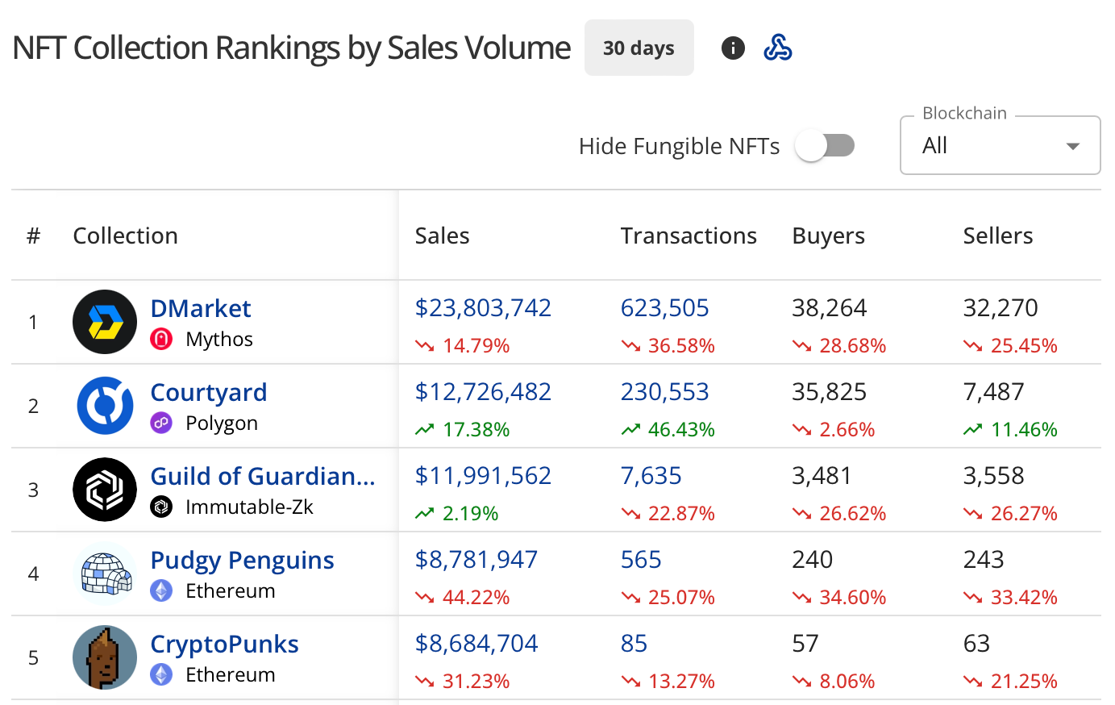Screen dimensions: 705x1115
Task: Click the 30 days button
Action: [x=639, y=48]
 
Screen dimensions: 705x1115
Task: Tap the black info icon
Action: [x=733, y=48]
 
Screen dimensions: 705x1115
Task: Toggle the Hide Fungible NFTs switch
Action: [x=824, y=146]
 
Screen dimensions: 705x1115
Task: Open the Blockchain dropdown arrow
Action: [x=1072, y=146]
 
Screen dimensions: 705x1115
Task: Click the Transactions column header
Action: [x=689, y=236]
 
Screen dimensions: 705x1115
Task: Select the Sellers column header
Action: [x=997, y=236]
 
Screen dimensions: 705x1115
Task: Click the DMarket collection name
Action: [x=201, y=308]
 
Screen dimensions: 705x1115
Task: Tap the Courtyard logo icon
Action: [x=105, y=406]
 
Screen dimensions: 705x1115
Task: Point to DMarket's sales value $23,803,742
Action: [x=483, y=308]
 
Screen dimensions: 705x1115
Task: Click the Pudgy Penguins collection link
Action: [x=242, y=560]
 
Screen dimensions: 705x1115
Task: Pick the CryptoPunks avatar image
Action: [x=105, y=657]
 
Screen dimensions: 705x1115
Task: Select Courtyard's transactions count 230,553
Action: [x=664, y=392]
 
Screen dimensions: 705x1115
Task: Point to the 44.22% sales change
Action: [x=476, y=597]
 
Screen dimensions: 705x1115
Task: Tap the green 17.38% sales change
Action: [x=476, y=429]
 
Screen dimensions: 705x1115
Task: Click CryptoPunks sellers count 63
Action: [x=976, y=644]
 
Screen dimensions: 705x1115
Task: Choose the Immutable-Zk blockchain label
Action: [x=249, y=507]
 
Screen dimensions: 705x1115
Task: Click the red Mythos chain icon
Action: [x=161, y=339]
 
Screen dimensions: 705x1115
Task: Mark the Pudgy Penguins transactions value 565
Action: [x=641, y=560]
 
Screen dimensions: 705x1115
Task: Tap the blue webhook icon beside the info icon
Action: [x=778, y=48]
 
